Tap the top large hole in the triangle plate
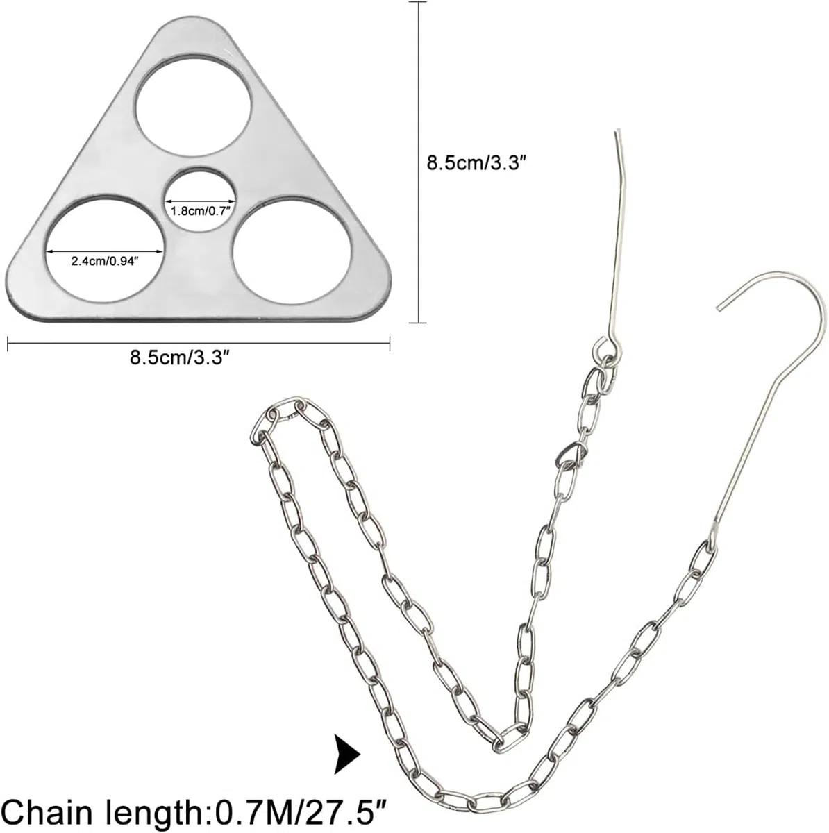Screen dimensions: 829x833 click(x=193, y=106)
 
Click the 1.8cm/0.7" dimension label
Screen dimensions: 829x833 click(x=200, y=212)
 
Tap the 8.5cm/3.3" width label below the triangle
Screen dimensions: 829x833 click(x=179, y=358)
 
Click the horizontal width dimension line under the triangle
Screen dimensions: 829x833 click(x=199, y=344)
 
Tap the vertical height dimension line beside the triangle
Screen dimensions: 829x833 click(x=418, y=162)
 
